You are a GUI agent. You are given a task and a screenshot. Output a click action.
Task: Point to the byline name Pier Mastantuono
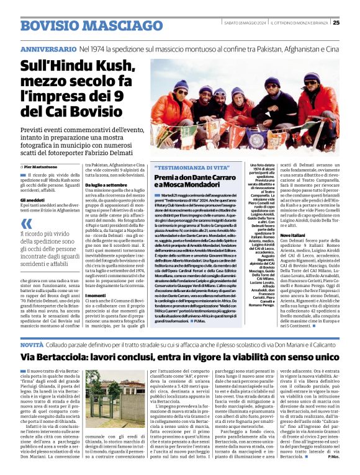click(45, 167)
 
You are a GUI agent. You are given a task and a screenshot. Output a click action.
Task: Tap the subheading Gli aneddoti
click(31, 200)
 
